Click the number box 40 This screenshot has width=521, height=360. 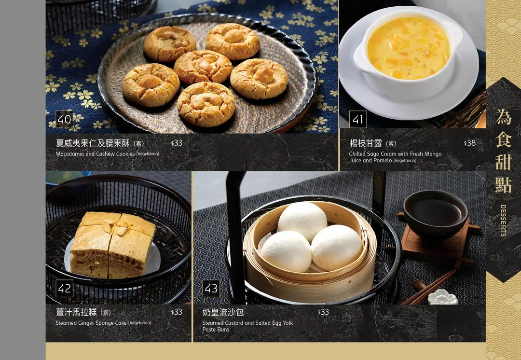point(64,119)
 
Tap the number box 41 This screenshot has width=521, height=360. point(358,119)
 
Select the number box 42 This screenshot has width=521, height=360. point(64,288)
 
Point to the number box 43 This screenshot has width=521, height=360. point(211,288)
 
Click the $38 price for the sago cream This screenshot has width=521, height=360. point(470,143)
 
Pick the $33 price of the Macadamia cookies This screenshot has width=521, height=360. point(177,143)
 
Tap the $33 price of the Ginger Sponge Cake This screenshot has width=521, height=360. point(177,312)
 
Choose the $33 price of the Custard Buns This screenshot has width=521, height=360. point(323,312)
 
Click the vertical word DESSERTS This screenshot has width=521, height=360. point(503,221)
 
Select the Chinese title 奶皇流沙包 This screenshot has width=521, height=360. point(223,312)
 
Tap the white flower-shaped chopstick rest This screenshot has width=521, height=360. point(442,297)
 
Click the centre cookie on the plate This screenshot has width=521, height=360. point(203,67)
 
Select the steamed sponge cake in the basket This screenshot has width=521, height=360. point(113,245)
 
